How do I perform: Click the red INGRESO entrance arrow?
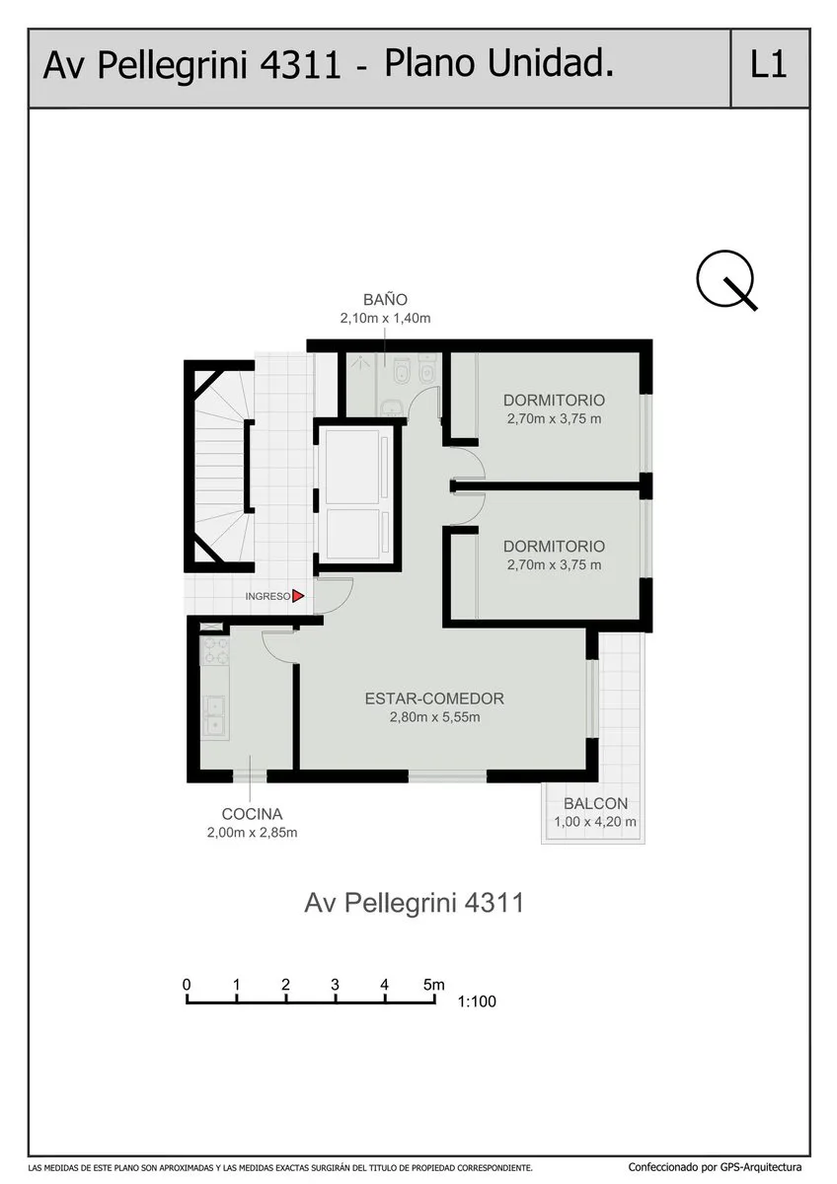click(x=298, y=596)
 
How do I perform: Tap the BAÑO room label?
click(x=385, y=299)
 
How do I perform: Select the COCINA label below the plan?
click(x=252, y=813)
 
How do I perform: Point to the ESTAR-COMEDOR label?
click(x=434, y=699)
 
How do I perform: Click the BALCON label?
click(x=595, y=803)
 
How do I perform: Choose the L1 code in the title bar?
click(x=768, y=65)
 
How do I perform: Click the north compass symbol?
click(x=725, y=279)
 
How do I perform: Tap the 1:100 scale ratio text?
click(x=477, y=1001)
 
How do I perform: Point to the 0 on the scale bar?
click(x=187, y=985)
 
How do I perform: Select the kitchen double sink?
click(x=215, y=716)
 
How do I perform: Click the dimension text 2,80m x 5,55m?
click(x=434, y=717)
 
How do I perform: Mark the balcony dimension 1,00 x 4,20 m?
click(x=595, y=821)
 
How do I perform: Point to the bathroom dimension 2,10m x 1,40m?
click(x=385, y=318)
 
